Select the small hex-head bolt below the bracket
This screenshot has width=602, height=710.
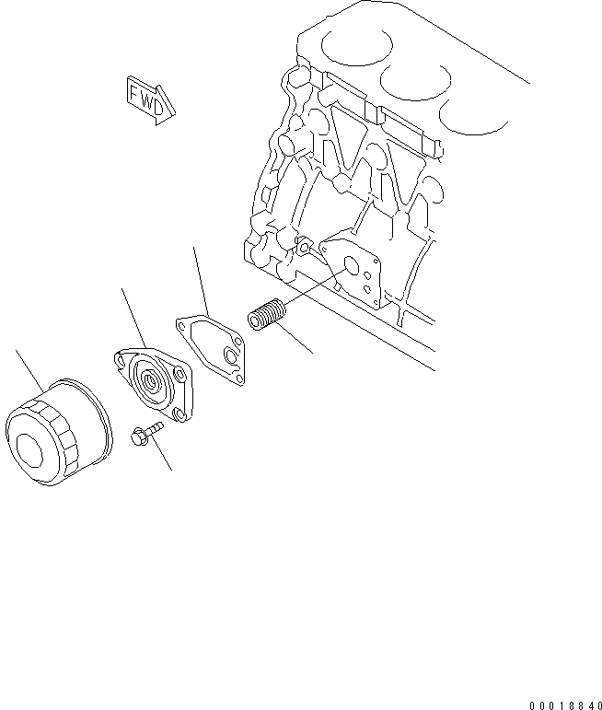point(145,430)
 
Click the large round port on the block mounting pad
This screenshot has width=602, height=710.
point(350,268)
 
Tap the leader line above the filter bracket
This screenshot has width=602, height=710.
point(134,319)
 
